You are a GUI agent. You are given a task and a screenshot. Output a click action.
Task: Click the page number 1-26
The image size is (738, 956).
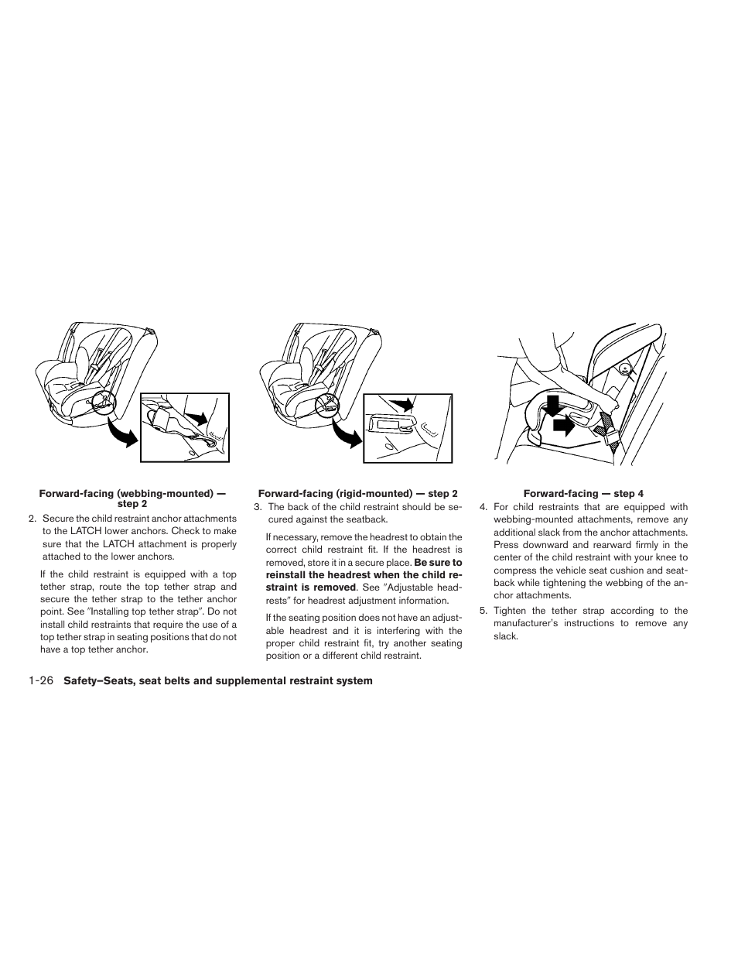point(40,681)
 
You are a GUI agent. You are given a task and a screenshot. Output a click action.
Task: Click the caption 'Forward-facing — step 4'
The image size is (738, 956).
point(583,493)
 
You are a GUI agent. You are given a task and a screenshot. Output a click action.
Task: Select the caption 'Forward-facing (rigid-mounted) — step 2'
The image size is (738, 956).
point(357,493)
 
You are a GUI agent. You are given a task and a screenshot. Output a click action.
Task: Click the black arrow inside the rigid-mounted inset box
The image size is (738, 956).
point(401,403)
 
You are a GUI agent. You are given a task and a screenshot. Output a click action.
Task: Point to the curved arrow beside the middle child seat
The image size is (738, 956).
point(346,433)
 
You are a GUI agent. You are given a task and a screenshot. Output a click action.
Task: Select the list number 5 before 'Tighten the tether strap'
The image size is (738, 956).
point(483,611)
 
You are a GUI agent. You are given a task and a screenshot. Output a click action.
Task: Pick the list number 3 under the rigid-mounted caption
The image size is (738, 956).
point(258,507)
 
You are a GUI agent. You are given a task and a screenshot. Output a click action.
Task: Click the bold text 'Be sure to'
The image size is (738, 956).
point(438,563)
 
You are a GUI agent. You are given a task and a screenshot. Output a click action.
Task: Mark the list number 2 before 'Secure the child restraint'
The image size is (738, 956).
point(32,519)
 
